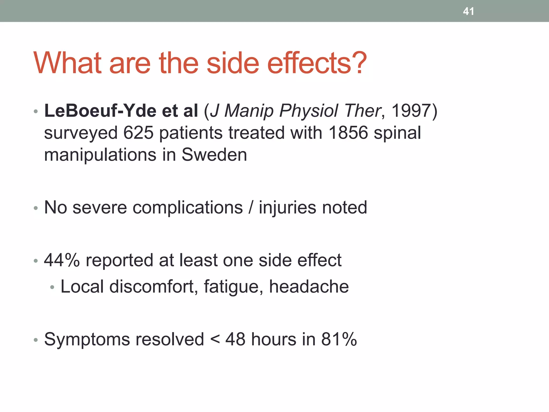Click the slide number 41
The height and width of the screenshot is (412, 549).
point(468,11)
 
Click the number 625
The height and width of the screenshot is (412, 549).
point(138,133)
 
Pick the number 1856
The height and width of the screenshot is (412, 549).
point(348,133)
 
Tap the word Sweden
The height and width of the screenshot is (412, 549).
point(214,155)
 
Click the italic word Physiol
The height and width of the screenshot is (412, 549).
point(309,111)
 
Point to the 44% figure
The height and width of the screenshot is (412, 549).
point(62,260)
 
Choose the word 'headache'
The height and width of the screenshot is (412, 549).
point(309,286)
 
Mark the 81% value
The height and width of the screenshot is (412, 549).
point(339,339)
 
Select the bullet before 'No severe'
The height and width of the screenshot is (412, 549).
point(36,208)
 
